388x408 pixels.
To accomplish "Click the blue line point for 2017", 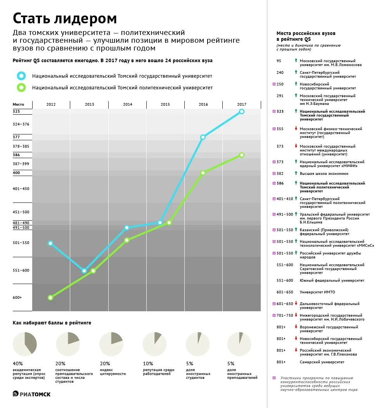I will (242, 112).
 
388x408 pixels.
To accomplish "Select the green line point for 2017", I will (242, 155).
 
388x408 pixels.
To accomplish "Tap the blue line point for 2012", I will (50, 243).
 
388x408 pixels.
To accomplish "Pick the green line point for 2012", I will (50, 298).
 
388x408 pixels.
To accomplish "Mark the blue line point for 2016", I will (203, 137).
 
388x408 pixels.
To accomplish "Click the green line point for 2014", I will (127, 241).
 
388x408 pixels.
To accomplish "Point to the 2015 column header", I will (165, 104).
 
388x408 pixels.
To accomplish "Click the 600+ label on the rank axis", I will (17, 298).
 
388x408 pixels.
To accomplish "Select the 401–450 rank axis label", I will (21, 189).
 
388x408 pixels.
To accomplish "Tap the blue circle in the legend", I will (21, 76).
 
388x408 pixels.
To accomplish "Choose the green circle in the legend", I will (21, 87).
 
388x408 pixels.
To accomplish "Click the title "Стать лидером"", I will (65, 18).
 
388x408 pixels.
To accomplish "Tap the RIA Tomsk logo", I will (32, 394).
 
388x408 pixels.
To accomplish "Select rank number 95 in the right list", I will (279, 61).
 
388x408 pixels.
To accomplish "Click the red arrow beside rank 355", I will (296, 129).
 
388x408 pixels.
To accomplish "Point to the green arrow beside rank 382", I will (296, 173).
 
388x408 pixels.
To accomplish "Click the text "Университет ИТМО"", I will (317, 292).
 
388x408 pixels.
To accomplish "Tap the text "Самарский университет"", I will (322, 362).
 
